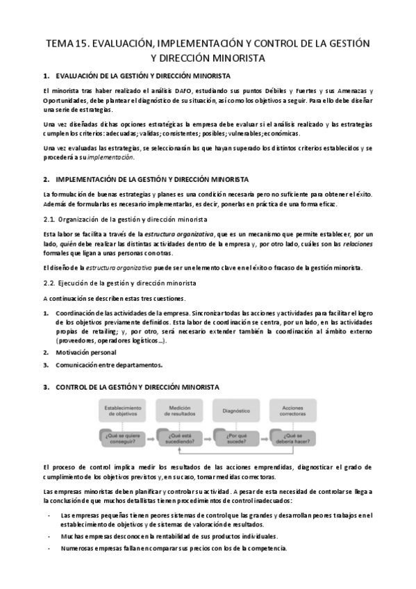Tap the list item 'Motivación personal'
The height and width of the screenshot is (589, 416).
click(x=88, y=353)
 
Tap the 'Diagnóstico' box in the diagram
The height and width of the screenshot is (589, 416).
click(x=236, y=410)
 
